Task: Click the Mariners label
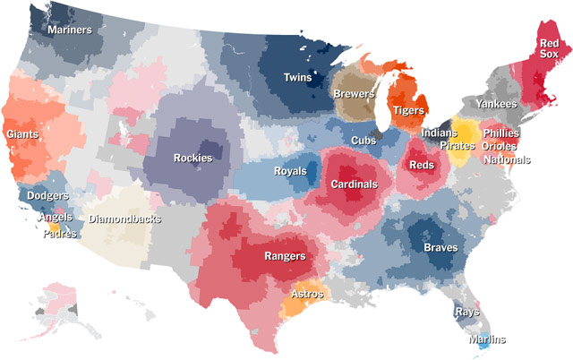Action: point(70,30)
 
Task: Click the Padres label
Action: point(60,235)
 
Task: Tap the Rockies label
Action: point(193,159)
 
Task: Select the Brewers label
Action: point(353,93)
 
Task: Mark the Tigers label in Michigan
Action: point(408,110)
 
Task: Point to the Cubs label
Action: point(363,141)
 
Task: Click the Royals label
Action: point(290,170)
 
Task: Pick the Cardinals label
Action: point(354,184)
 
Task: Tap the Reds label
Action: point(421,165)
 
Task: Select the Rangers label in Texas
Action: point(285,256)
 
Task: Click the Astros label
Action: point(309,294)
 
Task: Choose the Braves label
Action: point(440,247)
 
